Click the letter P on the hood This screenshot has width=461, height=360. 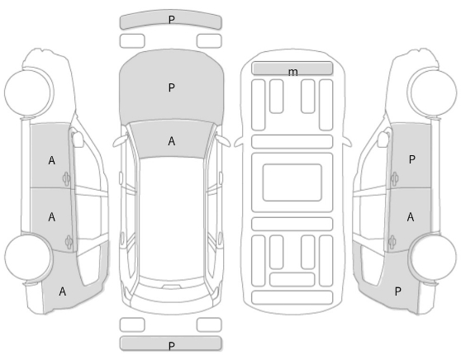(171, 88)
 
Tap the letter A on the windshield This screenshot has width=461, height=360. (171, 141)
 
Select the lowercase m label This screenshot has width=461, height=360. (292, 72)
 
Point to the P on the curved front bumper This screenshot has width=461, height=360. (171, 20)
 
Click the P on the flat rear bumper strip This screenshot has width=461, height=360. (171, 346)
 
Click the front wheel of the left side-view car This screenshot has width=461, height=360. (29, 92)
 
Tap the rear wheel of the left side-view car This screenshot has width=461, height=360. (29, 257)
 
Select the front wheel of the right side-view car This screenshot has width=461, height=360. (433, 92)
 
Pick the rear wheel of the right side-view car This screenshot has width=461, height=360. (433, 257)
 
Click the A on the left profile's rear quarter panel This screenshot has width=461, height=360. (62, 291)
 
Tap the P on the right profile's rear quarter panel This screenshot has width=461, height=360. (397, 291)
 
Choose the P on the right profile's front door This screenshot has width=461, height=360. (412, 159)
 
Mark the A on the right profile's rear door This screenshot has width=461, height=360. (411, 217)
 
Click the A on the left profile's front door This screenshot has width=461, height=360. (52, 161)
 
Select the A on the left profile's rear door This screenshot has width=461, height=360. (52, 217)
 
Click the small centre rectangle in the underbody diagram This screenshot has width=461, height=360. (292, 182)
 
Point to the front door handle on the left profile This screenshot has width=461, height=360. (66, 178)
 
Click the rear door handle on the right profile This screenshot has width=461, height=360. (392, 243)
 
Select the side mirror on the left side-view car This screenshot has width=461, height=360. (78, 139)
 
